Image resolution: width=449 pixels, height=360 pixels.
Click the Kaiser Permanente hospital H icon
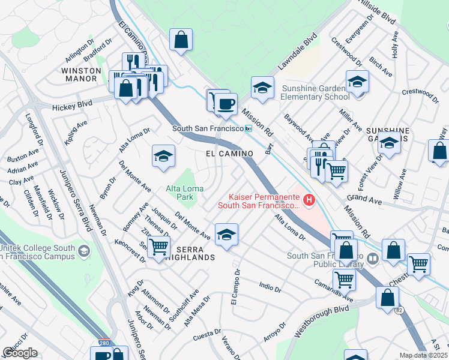pyautogui.click(x=309, y=200)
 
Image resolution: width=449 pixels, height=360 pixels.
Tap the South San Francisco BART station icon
pyautogui.click(x=247, y=128)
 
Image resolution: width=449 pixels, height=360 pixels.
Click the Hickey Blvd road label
pyautogui.click(x=72, y=104)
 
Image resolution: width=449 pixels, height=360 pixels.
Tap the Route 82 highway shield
pyautogui.click(x=399, y=310)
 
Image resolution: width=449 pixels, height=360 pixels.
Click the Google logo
pyautogui.click(x=20, y=353)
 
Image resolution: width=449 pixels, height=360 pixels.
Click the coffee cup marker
pyautogui.click(x=226, y=104)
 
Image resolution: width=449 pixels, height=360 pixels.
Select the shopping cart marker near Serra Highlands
pyautogui.click(x=158, y=246)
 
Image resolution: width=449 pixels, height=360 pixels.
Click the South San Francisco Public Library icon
pyautogui.click(x=373, y=259)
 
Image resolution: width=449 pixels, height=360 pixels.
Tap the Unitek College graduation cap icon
pyautogui.click(x=84, y=250)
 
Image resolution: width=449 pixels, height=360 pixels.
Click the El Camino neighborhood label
pyautogui.click(x=229, y=154)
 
